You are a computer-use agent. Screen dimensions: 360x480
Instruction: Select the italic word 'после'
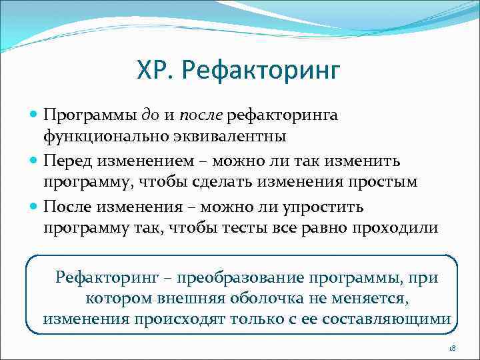(203, 116)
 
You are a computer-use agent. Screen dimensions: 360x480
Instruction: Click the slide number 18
(452, 347)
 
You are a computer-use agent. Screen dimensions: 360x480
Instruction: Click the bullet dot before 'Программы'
(35, 116)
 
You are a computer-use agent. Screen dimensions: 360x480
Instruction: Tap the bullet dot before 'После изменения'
(35, 207)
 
